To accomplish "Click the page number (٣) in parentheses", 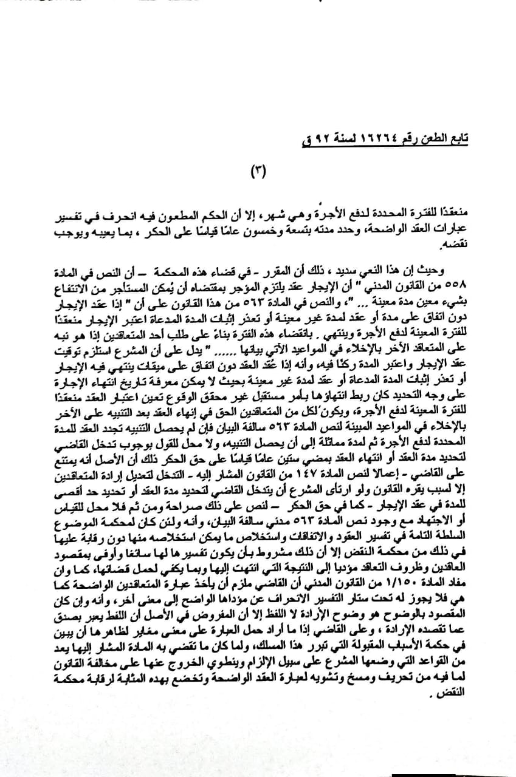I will [258, 172].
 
